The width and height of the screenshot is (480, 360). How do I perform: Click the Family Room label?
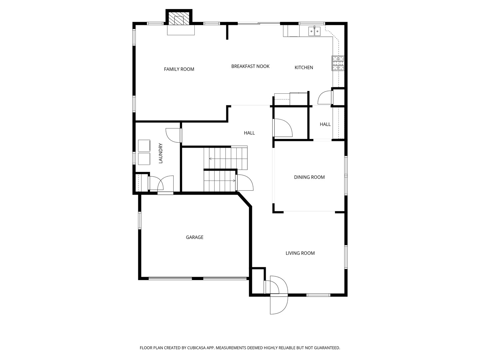(x=179, y=69)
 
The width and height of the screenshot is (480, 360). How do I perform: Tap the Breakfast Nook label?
(x=250, y=66)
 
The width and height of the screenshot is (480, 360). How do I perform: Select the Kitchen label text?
(x=304, y=68)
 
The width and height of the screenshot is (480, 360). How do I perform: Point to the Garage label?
(x=194, y=237)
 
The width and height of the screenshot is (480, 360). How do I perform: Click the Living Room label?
(x=300, y=253)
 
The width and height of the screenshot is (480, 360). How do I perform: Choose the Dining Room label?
(x=309, y=177)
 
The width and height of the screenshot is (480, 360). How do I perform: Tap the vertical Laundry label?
(x=161, y=153)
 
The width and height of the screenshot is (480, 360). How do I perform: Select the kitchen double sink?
(x=314, y=31)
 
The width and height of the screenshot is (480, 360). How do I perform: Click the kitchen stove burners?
(x=338, y=63)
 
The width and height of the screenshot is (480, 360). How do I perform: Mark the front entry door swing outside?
(x=279, y=305)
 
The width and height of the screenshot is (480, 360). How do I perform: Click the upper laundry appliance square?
(x=144, y=146)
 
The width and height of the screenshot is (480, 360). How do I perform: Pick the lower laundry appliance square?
(x=144, y=159)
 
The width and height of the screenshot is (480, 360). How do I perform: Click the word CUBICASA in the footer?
(x=196, y=348)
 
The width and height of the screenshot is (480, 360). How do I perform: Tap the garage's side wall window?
(x=140, y=220)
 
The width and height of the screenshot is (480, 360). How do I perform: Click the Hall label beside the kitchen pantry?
(x=325, y=124)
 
